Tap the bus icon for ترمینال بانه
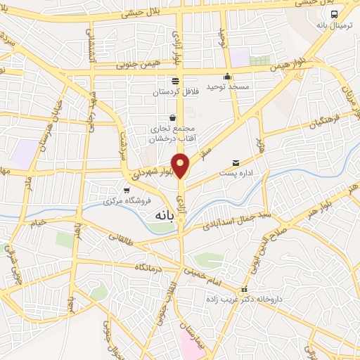[x=334, y=13]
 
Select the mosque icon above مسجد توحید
[x=227, y=77]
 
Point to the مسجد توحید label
[x=227, y=90]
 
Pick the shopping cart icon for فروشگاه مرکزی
[x=127, y=190]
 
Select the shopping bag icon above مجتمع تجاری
[x=173, y=117]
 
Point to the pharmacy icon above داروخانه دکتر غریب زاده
[x=244, y=289]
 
